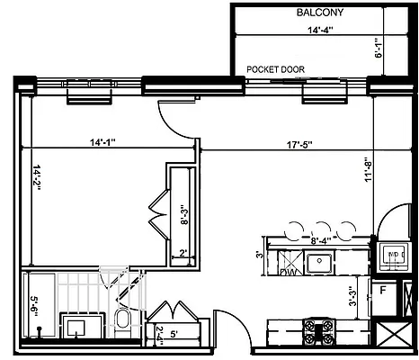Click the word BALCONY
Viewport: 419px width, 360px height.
319,13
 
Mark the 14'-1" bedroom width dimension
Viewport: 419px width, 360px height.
107,141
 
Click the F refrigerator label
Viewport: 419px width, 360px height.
382,291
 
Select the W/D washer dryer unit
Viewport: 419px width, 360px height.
393,256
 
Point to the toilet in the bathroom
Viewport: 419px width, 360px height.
123,320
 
